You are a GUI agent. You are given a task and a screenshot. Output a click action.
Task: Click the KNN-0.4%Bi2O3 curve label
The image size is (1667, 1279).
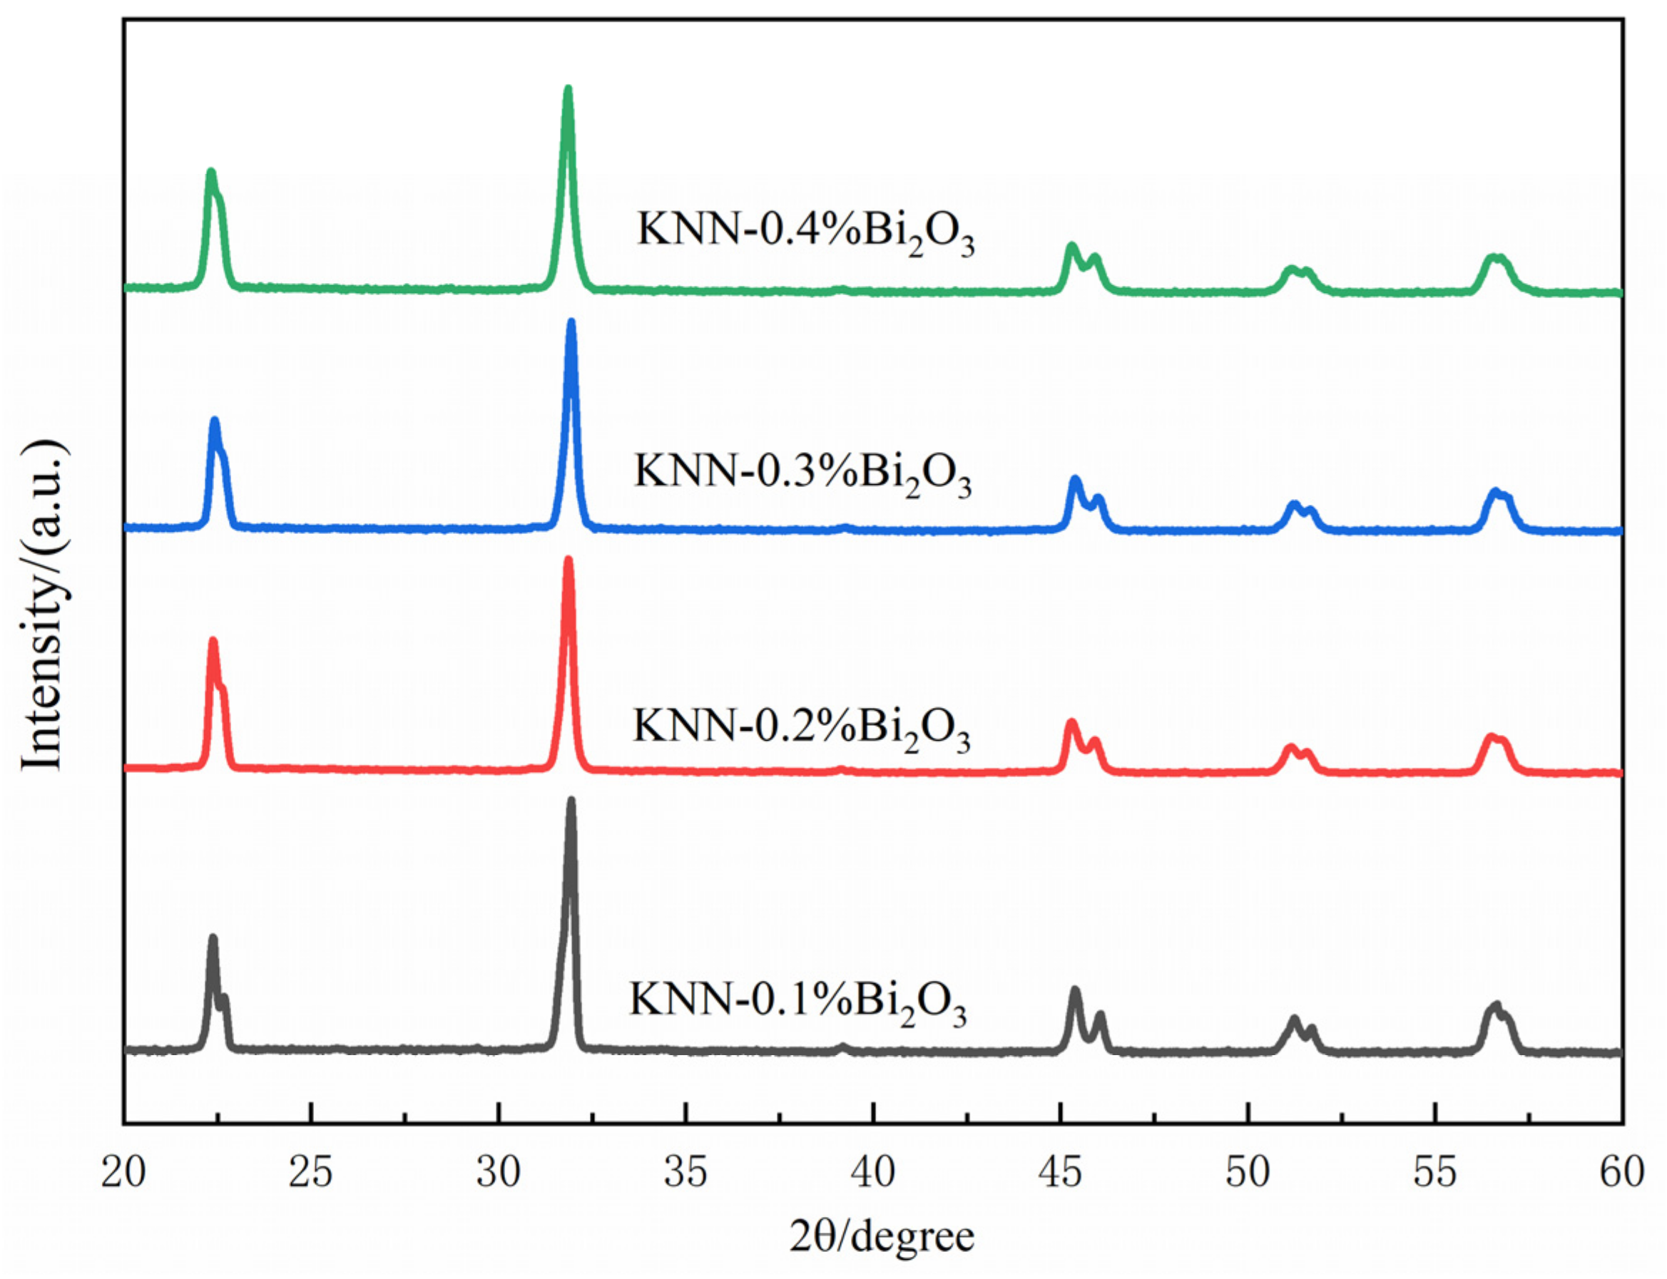click(805, 231)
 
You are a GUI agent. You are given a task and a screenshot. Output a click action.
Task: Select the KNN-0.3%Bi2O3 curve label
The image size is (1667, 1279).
click(802, 472)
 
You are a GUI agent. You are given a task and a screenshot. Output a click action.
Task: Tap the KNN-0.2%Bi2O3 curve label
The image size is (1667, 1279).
click(800, 726)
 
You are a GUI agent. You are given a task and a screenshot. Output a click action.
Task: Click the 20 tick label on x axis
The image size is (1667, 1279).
click(123, 1172)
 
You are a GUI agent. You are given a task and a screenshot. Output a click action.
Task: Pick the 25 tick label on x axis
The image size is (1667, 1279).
click(311, 1172)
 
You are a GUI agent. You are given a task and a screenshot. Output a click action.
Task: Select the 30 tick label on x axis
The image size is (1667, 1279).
click(498, 1172)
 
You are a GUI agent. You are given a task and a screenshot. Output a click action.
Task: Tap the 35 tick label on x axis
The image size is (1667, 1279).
click(685, 1172)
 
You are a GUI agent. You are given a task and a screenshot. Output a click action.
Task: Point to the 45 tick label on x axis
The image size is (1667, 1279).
click(1060, 1172)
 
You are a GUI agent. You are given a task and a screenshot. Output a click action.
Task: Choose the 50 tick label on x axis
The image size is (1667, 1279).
click(1248, 1172)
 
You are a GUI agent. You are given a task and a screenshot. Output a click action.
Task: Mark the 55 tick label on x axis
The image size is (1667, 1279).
click(1434, 1172)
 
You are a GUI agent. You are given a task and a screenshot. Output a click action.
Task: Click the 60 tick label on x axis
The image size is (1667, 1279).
click(1622, 1172)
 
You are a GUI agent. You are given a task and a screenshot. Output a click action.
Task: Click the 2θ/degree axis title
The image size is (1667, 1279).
click(881, 1237)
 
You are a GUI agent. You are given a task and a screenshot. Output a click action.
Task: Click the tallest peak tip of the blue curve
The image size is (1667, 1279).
click(571, 323)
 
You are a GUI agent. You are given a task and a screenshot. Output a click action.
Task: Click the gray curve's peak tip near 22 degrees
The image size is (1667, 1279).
click(213, 939)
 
